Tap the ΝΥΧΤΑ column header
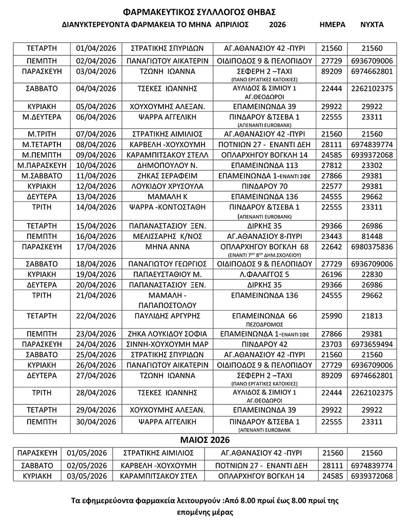coord(372,25)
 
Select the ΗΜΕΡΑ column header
coord(332,25)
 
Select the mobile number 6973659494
coord(372,343)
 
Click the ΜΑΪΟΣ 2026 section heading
coord(205,440)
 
